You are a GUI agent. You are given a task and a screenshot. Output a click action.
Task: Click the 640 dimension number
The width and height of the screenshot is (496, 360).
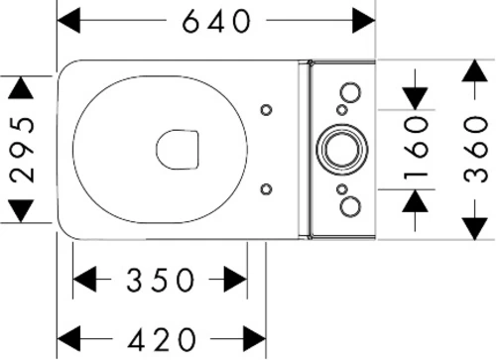pos(217,21)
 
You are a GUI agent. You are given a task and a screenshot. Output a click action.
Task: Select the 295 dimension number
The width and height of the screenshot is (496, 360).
pos(22,149)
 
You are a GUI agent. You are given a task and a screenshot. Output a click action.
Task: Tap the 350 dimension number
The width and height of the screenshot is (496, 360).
pos(161,280)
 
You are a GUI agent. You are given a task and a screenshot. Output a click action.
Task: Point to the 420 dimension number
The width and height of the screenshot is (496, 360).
pos(162,339)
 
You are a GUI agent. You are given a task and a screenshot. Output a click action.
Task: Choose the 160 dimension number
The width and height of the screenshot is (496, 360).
pos(416,149)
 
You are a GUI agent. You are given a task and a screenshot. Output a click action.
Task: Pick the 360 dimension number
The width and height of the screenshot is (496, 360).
pos(475,149)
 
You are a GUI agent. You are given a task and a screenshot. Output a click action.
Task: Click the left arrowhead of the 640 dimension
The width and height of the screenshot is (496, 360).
pos(68,21)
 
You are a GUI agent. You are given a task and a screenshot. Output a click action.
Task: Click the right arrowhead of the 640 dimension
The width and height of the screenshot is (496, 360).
pos(364,21)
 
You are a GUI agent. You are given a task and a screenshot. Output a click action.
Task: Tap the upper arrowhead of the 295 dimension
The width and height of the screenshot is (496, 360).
pos(21,88)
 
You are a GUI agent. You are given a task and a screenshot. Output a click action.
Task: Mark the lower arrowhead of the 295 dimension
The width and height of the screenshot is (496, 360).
pos(21,211)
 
